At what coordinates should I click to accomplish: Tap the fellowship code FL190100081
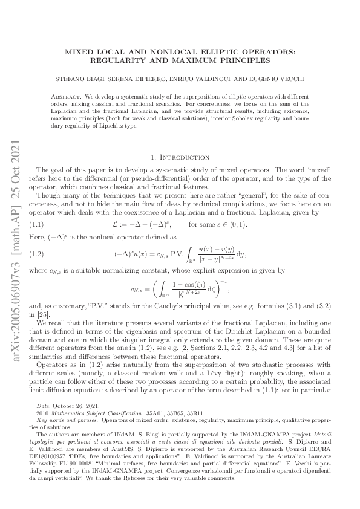click(81, 464)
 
